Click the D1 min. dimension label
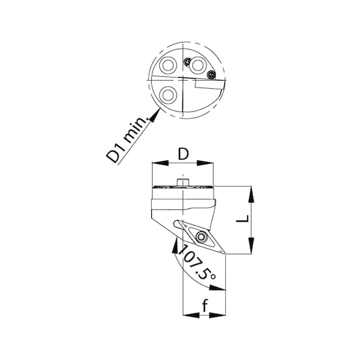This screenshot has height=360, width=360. click(x=127, y=139)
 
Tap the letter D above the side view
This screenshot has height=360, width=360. click(x=183, y=154)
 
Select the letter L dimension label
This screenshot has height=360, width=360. click(x=242, y=219)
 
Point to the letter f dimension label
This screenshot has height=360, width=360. click(x=204, y=304)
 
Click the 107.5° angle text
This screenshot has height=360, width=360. click(x=196, y=262)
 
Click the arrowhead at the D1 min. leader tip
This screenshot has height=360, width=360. click(x=155, y=114)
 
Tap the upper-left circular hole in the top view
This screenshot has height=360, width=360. click(x=168, y=66)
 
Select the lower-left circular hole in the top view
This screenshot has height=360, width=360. click(x=168, y=95)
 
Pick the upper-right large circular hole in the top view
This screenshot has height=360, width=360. click(x=197, y=66)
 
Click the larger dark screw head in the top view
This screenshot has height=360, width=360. click(x=211, y=74)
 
